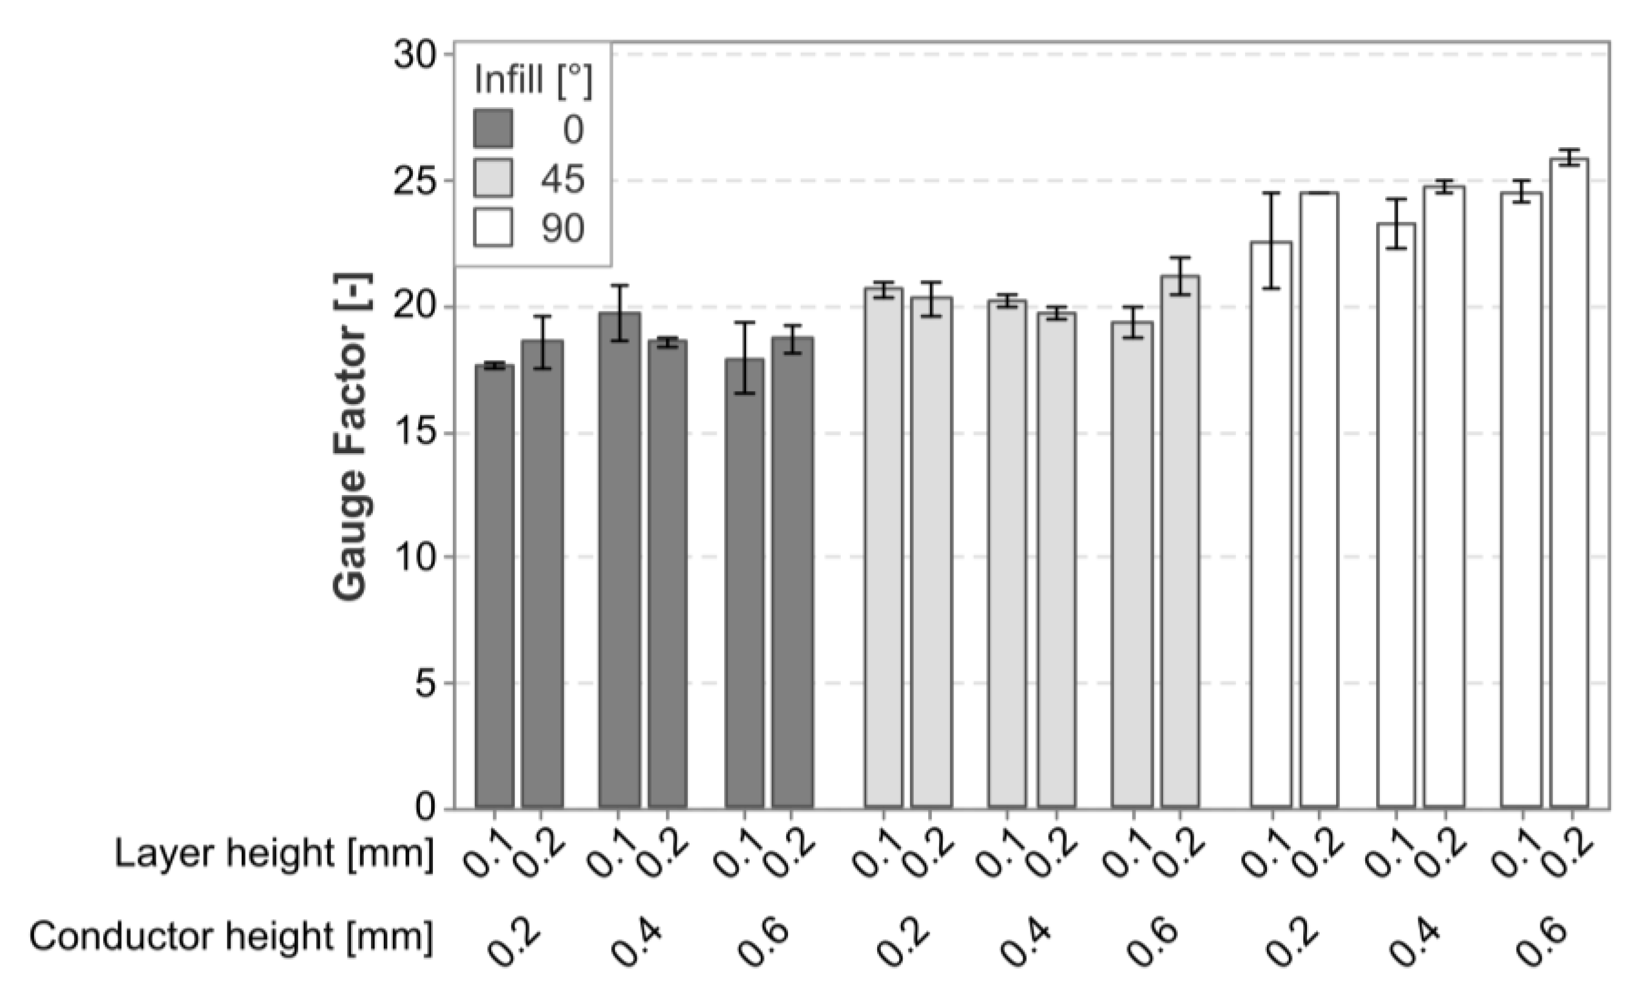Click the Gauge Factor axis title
[352, 437]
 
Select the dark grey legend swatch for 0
[493, 128]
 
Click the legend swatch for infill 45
[493, 178]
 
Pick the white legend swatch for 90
[493, 228]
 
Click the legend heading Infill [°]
[533, 80]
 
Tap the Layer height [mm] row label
[274, 853]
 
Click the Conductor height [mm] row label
[231, 935]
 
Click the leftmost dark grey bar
[495, 587]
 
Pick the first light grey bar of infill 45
[883, 547]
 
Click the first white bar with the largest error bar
[1271, 523]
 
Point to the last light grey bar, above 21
[1180, 540]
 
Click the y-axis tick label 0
[425, 808]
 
